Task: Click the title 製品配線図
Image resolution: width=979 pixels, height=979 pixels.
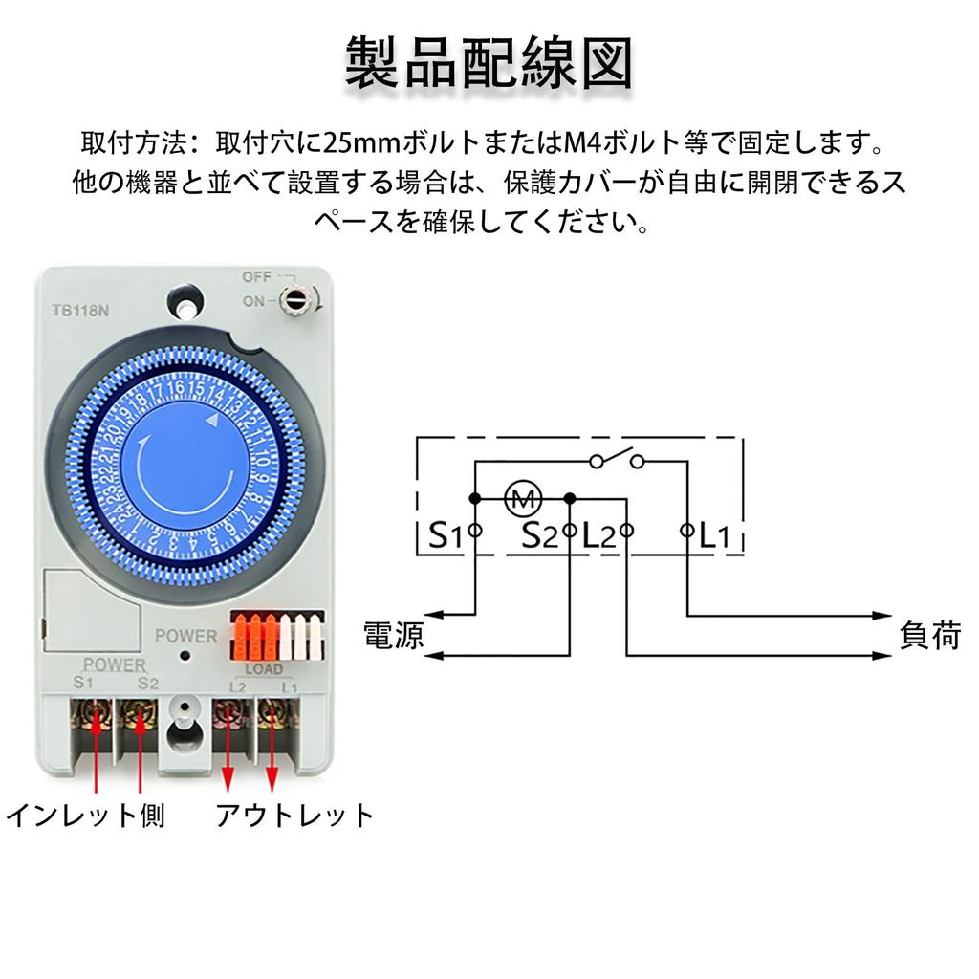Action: tap(489, 62)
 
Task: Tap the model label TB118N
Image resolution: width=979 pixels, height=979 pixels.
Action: tap(80, 311)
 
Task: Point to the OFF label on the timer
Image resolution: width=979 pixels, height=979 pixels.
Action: tap(256, 276)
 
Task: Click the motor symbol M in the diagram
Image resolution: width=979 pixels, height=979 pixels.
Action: tap(523, 498)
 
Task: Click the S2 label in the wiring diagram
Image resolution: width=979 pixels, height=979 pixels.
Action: tap(539, 535)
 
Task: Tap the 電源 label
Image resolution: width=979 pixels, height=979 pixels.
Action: tap(394, 635)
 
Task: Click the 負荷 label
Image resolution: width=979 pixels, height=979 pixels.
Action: tap(929, 635)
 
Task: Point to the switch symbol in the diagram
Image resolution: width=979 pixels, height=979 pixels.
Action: tap(617, 459)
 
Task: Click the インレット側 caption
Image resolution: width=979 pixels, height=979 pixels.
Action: tap(85, 816)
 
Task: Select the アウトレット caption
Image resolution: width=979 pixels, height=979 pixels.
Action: tap(294, 816)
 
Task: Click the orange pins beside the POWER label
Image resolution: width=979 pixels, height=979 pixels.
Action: tap(253, 637)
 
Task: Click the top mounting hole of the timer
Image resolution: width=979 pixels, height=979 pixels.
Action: tap(185, 303)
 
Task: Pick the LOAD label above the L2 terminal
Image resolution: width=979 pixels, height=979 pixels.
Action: tap(264, 668)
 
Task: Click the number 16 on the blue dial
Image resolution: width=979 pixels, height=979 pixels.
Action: tap(177, 388)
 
